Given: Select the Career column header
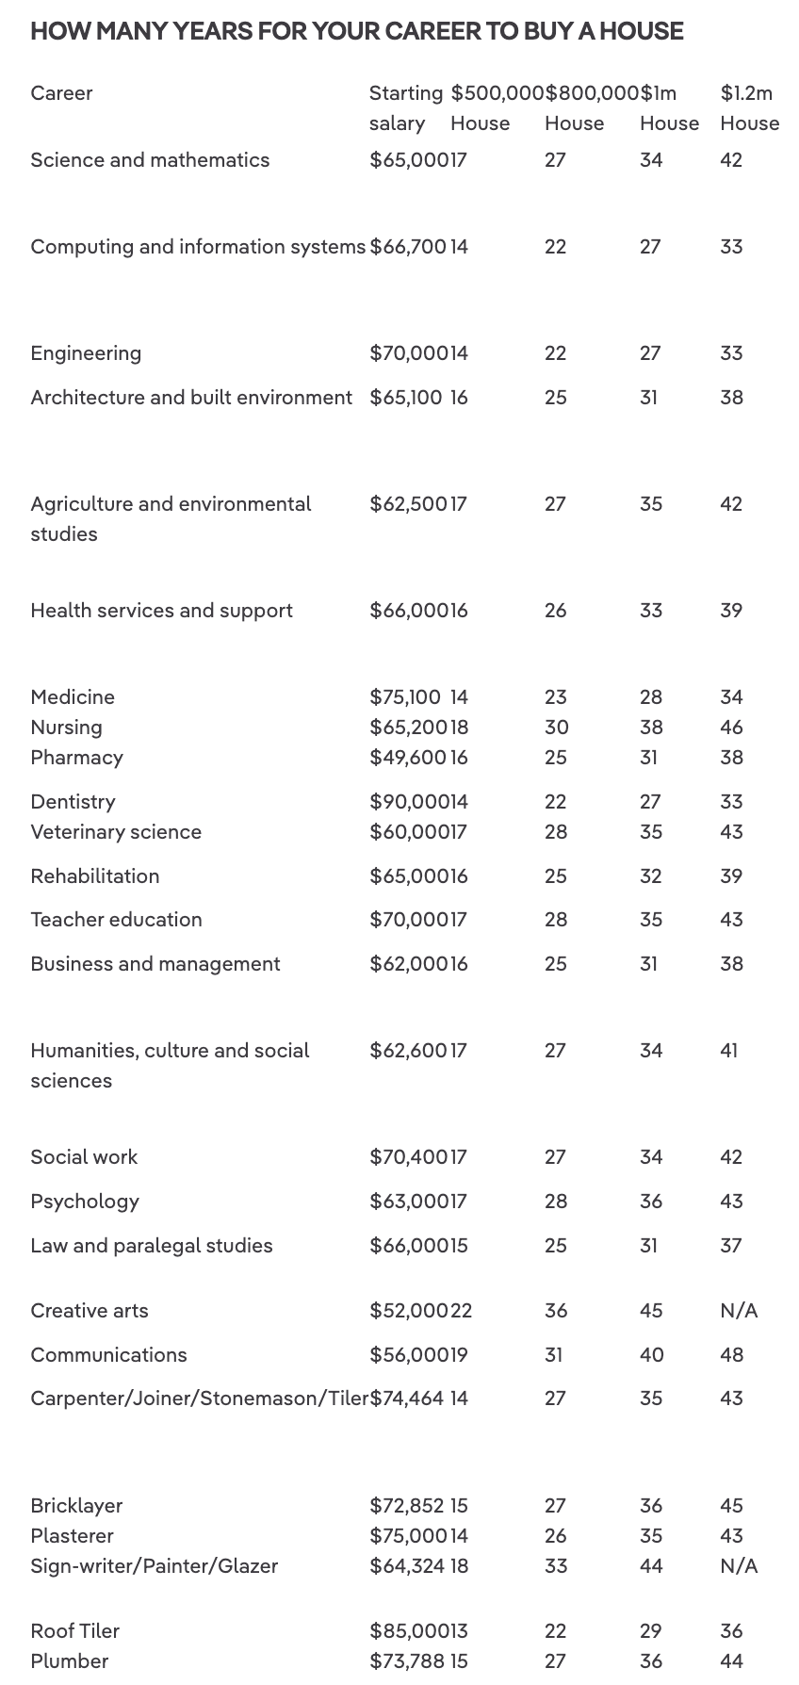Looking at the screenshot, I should (61, 93).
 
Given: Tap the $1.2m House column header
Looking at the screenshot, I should (749, 107).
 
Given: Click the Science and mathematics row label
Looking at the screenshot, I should (150, 160).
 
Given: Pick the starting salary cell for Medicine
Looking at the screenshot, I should (405, 697).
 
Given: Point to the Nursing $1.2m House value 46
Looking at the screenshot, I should (731, 728).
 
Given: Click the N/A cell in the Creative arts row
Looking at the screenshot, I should (739, 1311).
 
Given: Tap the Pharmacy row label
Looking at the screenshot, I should (76, 758).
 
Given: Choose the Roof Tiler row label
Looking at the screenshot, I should (74, 1631).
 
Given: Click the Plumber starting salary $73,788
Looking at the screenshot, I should (407, 1661).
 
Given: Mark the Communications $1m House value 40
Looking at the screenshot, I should (651, 1355).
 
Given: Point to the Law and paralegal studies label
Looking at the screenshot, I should (152, 1246).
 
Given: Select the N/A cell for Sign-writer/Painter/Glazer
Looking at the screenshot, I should (739, 1566).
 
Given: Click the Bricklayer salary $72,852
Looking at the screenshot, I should (407, 1506).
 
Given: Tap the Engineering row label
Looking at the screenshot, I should (86, 353).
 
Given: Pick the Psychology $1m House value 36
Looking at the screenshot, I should (651, 1202).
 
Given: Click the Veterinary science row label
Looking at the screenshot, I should (116, 832).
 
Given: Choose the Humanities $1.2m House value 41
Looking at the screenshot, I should (729, 1051).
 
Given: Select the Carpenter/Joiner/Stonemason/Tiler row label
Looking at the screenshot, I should (199, 1399).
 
